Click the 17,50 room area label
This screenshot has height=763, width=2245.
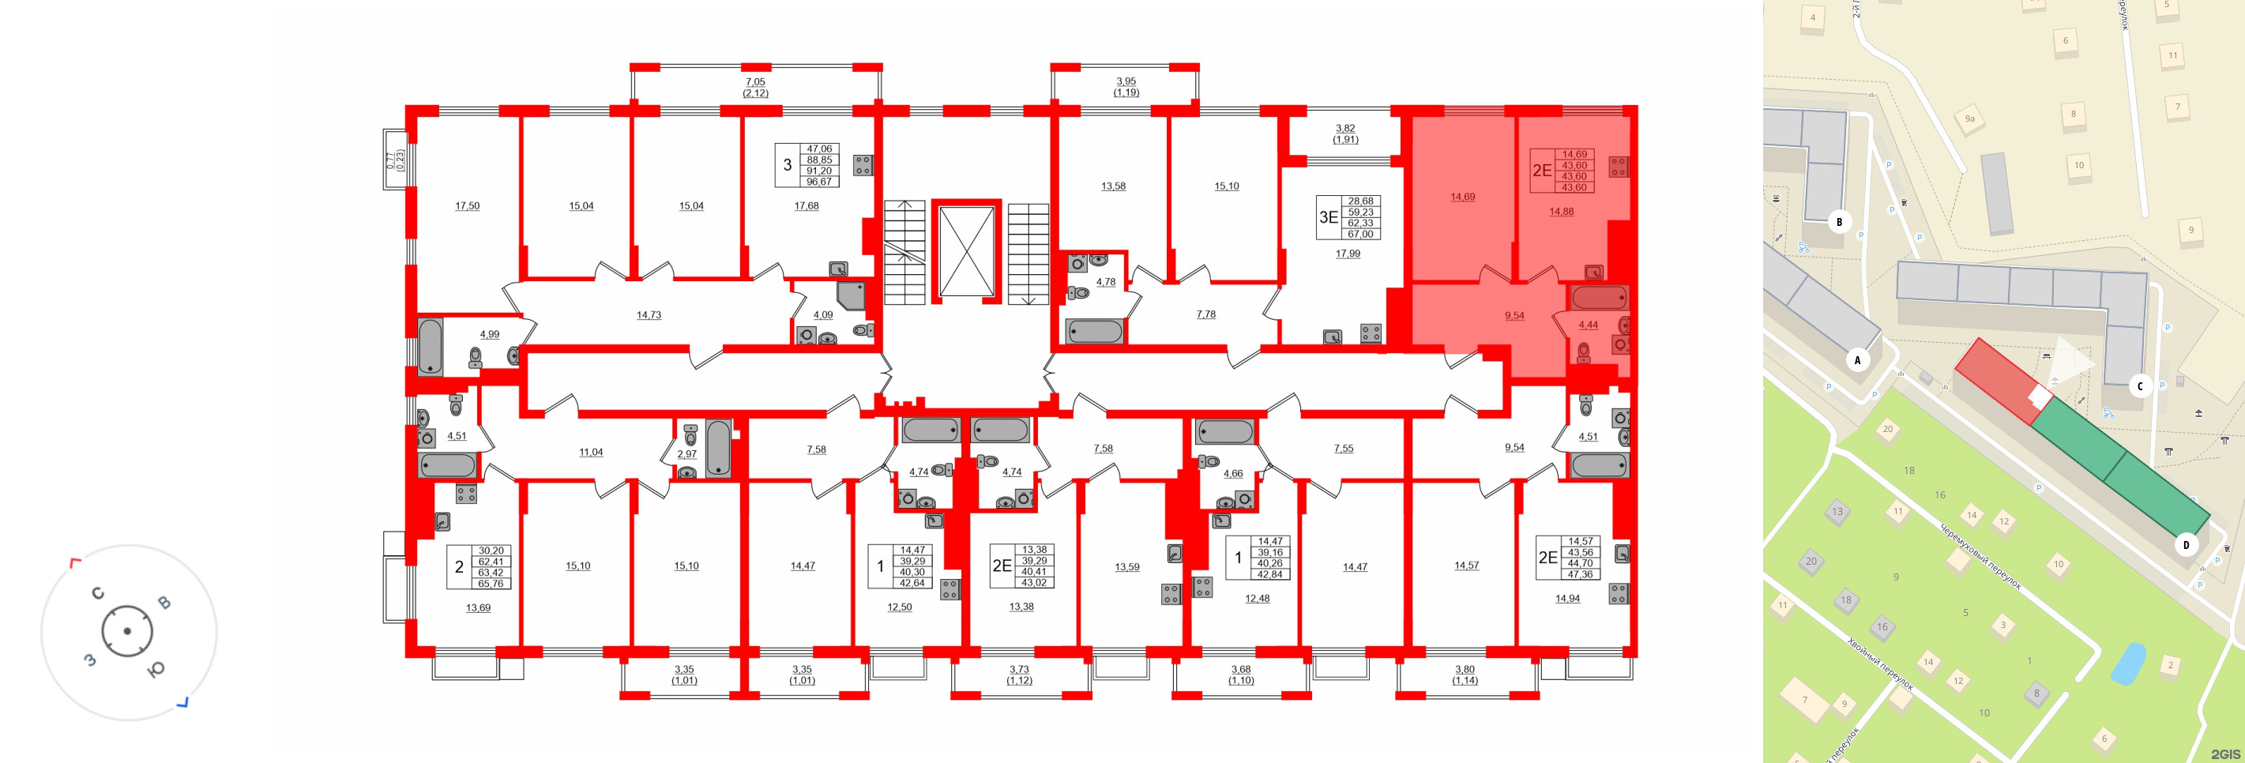(x=467, y=205)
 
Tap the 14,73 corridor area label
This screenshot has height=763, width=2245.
(x=649, y=315)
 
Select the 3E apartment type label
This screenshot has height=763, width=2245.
(x=1328, y=217)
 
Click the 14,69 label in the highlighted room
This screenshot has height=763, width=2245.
(x=1462, y=197)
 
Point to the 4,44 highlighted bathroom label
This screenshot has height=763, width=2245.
(x=1588, y=325)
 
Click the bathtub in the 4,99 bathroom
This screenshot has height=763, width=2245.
(x=431, y=346)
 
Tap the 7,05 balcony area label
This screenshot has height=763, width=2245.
(x=756, y=82)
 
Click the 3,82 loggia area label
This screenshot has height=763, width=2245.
(x=1345, y=128)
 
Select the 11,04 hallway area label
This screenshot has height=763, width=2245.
(x=591, y=452)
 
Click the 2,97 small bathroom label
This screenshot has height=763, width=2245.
(x=686, y=454)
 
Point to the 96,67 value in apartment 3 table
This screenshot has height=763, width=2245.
(x=819, y=182)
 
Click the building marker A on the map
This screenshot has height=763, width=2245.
(x=1857, y=359)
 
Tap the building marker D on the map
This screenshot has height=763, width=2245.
(x=2186, y=545)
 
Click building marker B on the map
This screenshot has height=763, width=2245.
(x=1839, y=221)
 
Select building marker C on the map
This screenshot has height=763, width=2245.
(x=2140, y=386)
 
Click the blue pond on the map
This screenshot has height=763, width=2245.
(x=2128, y=663)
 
